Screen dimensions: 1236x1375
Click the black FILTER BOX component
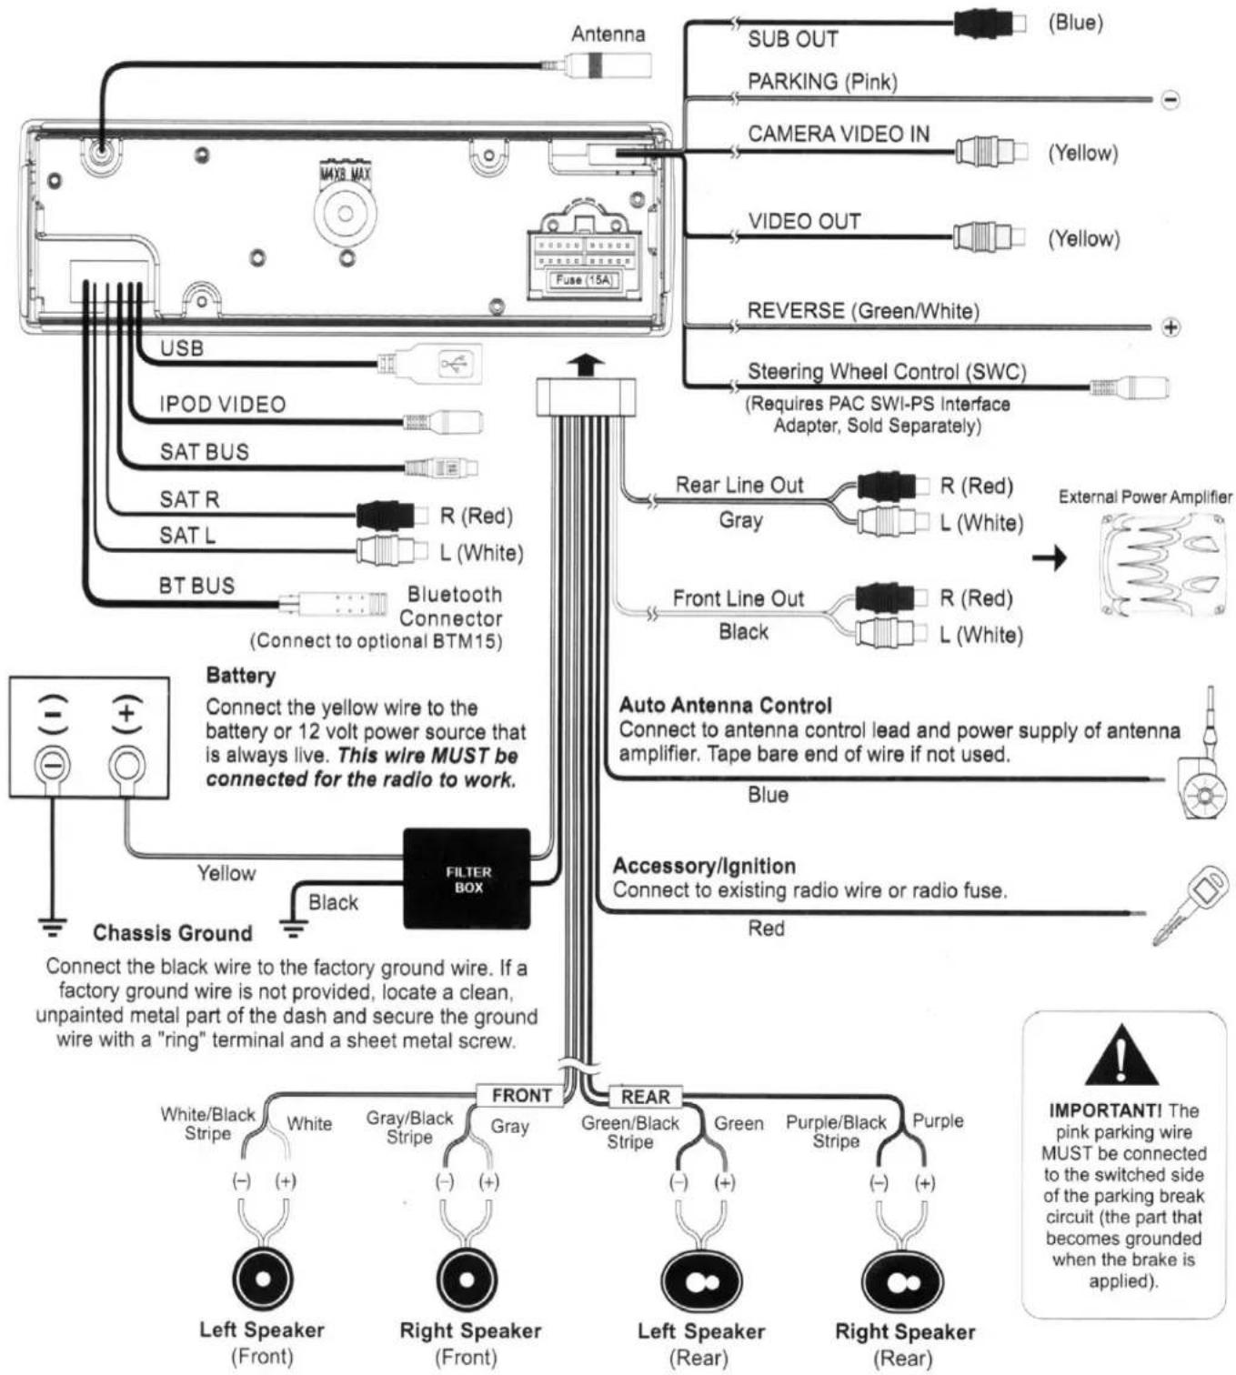click(467, 878)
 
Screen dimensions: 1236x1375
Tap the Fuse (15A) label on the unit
click(583, 280)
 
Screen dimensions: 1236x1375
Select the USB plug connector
click(430, 363)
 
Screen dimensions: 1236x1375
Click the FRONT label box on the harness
click(521, 1095)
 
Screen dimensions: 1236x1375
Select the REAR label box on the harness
click(645, 1097)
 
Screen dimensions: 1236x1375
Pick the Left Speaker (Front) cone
click(263, 1279)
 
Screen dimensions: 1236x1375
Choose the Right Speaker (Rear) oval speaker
click(902, 1281)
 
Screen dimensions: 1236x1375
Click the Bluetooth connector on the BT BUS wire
click(333, 603)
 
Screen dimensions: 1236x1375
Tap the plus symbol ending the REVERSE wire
click(1171, 327)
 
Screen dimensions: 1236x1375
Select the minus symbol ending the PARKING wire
click(1171, 100)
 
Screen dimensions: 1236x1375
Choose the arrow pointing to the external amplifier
click(1050, 557)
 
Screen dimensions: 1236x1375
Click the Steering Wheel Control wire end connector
click(1130, 388)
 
